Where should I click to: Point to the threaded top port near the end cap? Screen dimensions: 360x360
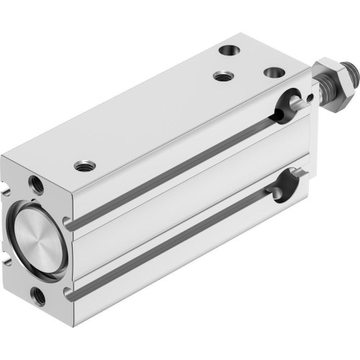point(84,166)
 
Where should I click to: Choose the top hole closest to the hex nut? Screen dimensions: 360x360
point(273,73)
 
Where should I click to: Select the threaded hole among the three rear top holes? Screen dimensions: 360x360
point(220,75)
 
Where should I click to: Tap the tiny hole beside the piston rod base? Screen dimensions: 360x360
point(310,98)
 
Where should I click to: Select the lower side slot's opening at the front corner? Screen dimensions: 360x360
point(69,293)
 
